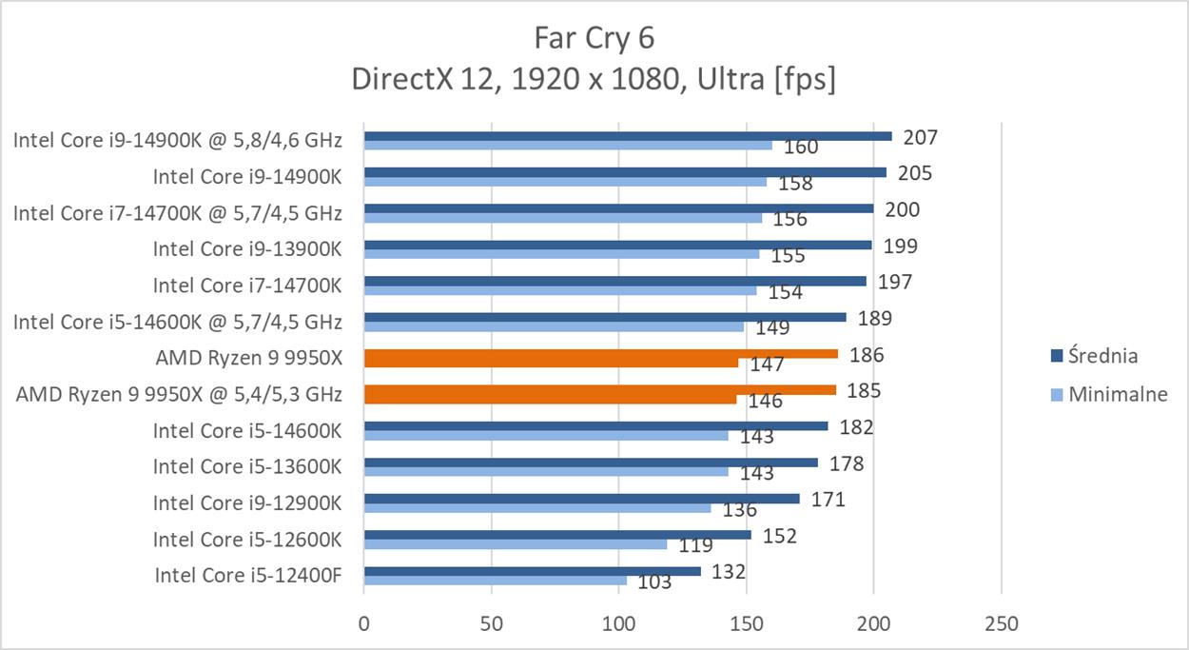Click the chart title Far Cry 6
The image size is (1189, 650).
[x=594, y=38]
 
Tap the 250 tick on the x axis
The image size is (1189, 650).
[x=1003, y=624]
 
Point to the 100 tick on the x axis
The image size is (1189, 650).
[x=619, y=624]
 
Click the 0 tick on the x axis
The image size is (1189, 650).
[x=364, y=624]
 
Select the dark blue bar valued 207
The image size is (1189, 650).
[x=628, y=136]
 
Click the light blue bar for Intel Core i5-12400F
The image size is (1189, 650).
[x=495, y=581]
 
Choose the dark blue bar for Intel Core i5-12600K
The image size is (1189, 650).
[x=557, y=535]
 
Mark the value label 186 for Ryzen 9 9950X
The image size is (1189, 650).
[x=867, y=355]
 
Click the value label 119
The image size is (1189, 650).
[x=696, y=546]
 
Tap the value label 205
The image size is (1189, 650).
[x=914, y=173]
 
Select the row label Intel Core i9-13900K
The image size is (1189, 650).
[x=247, y=249]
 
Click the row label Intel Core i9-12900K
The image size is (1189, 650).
[x=247, y=503]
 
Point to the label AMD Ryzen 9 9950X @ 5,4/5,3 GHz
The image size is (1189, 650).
[x=179, y=394]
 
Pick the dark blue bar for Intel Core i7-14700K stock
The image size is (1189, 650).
[x=615, y=281]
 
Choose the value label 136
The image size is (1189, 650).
[x=740, y=510]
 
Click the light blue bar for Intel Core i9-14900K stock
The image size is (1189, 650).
[x=565, y=182]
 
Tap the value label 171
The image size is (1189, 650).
[x=828, y=500]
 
